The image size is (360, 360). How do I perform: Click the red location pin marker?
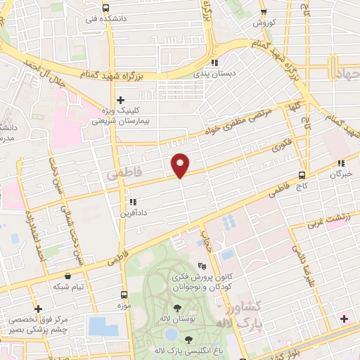[181, 165]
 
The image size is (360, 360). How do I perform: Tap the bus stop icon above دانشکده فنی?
[105, 8]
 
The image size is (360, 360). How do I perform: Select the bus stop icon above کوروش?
[264, 12]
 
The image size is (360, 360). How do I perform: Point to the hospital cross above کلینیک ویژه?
[121, 100]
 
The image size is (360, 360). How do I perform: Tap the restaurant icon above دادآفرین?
[123, 202]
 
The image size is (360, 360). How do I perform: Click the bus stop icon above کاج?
[302, 175]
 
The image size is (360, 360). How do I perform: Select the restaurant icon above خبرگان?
[343, 162]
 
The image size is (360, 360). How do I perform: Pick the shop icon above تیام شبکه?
[67, 276]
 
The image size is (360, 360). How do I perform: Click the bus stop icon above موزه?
[124, 295]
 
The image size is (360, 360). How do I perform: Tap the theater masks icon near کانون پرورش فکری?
[203, 266]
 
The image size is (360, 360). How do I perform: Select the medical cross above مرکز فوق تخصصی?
[38, 308]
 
